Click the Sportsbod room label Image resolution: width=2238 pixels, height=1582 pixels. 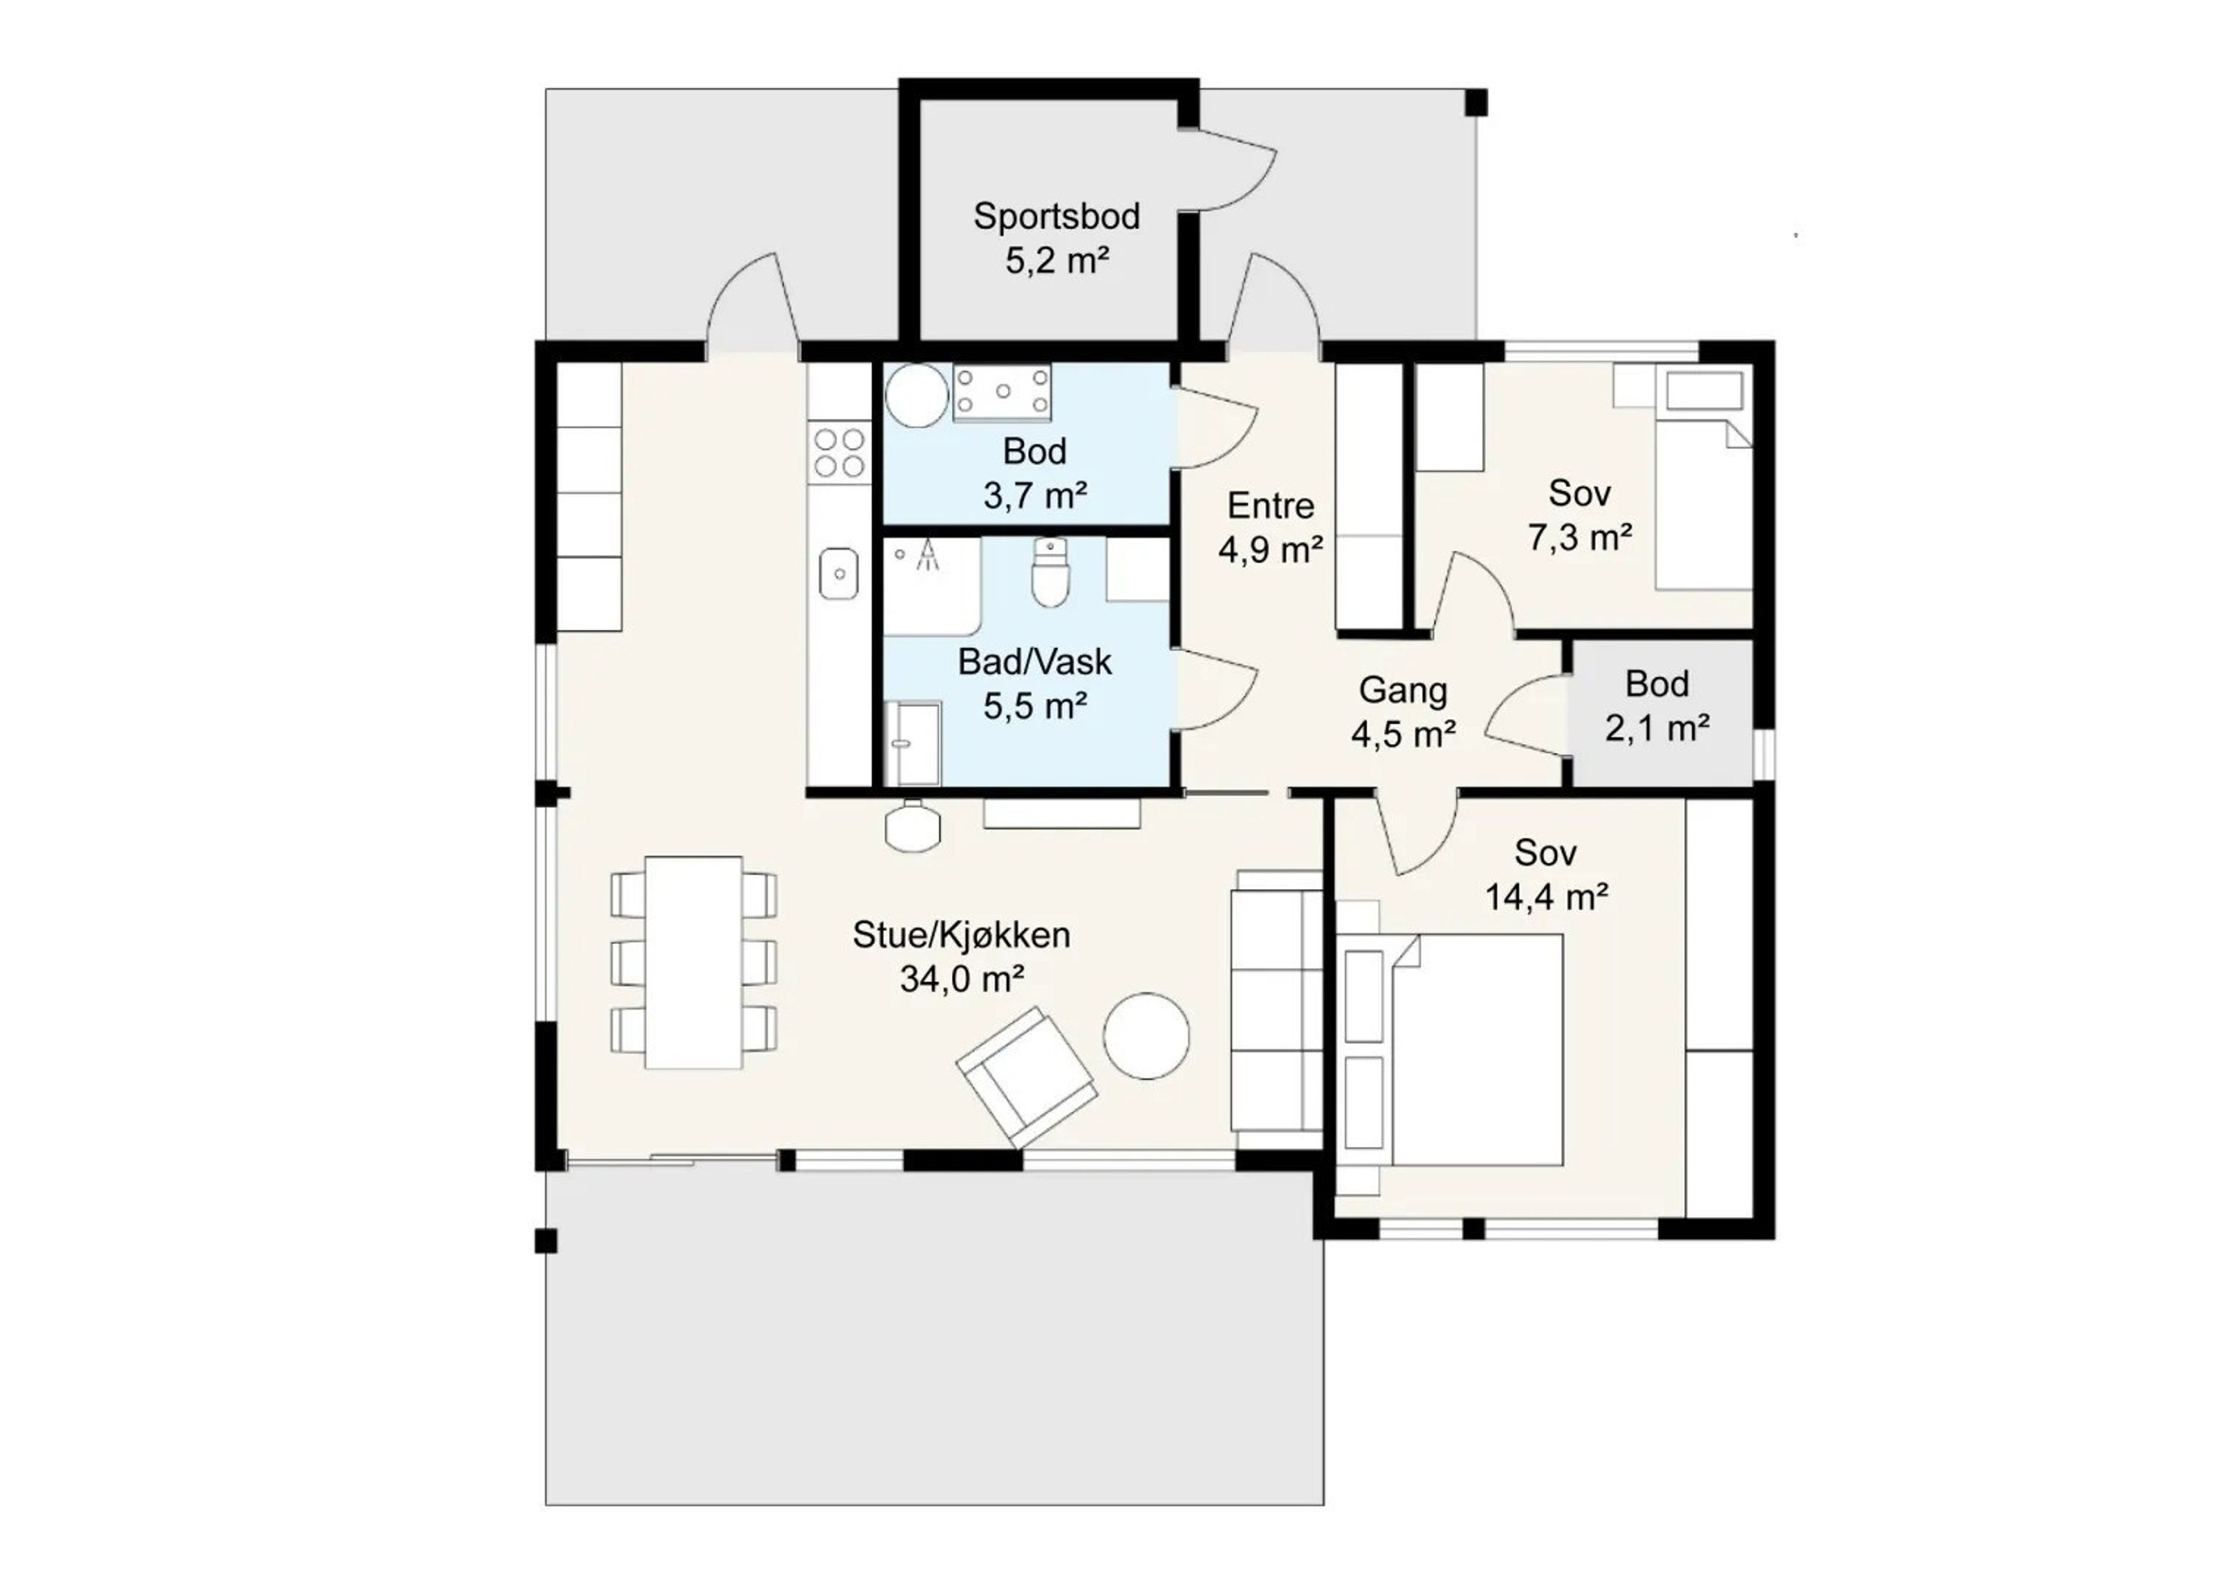pyautogui.click(x=1057, y=216)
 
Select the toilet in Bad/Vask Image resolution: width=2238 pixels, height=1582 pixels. pyautogui.click(x=1050, y=572)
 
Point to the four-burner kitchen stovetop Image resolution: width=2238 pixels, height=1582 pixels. pyautogui.click(x=838, y=453)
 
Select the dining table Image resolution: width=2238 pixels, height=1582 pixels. pyautogui.click(x=694, y=961)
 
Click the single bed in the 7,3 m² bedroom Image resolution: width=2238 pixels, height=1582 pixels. pyautogui.click(x=1704, y=502)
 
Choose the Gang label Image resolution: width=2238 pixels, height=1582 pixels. pyautogui.click(x=1403, y=690)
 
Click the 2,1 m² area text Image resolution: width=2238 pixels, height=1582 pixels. pyautogui.click(x=1657, y=727)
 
